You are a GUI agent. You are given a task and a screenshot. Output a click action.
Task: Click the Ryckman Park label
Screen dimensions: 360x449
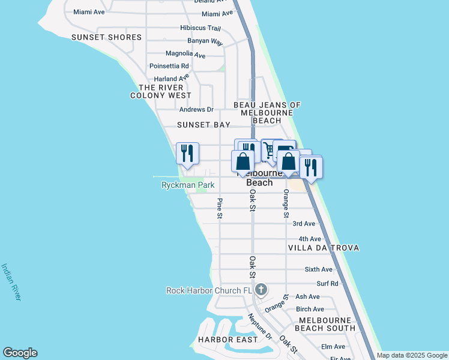pos(188,185)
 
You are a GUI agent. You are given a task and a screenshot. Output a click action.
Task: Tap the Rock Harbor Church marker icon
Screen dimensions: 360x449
pos(261,290)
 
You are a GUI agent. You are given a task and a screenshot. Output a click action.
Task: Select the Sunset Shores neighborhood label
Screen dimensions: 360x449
pos(106,37)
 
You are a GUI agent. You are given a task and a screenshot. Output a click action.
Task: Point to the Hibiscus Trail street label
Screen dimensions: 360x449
pos(200,28)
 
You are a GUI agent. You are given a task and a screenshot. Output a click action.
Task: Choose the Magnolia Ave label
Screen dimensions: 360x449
pos(185,55)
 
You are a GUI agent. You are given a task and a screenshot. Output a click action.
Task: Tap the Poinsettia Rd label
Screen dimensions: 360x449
pos(169,66)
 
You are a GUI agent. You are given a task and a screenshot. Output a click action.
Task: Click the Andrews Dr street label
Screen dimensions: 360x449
pos(196,110)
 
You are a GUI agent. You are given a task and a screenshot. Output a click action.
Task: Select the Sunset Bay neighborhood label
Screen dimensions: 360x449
pos(203,125)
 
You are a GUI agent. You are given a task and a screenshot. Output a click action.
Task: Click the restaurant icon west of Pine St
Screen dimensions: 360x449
pos(187,154)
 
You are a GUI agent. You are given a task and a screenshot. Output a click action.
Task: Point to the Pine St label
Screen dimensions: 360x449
pos(220,208)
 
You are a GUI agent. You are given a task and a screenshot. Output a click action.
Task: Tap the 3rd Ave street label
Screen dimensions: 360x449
pos(303,224)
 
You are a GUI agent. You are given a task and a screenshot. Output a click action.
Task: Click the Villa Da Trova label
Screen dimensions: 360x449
pos(324,248)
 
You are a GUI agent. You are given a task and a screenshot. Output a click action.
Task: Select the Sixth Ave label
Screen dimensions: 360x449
pos(318,270)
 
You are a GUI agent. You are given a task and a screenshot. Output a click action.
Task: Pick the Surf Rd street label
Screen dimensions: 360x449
pos(327,283)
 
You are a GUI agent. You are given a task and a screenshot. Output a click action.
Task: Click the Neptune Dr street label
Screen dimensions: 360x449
pos(260,327)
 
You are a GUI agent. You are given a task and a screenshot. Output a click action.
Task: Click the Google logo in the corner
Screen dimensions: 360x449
pos(20,353)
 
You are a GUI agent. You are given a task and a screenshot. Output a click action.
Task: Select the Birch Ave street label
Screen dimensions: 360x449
pos(310,310)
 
